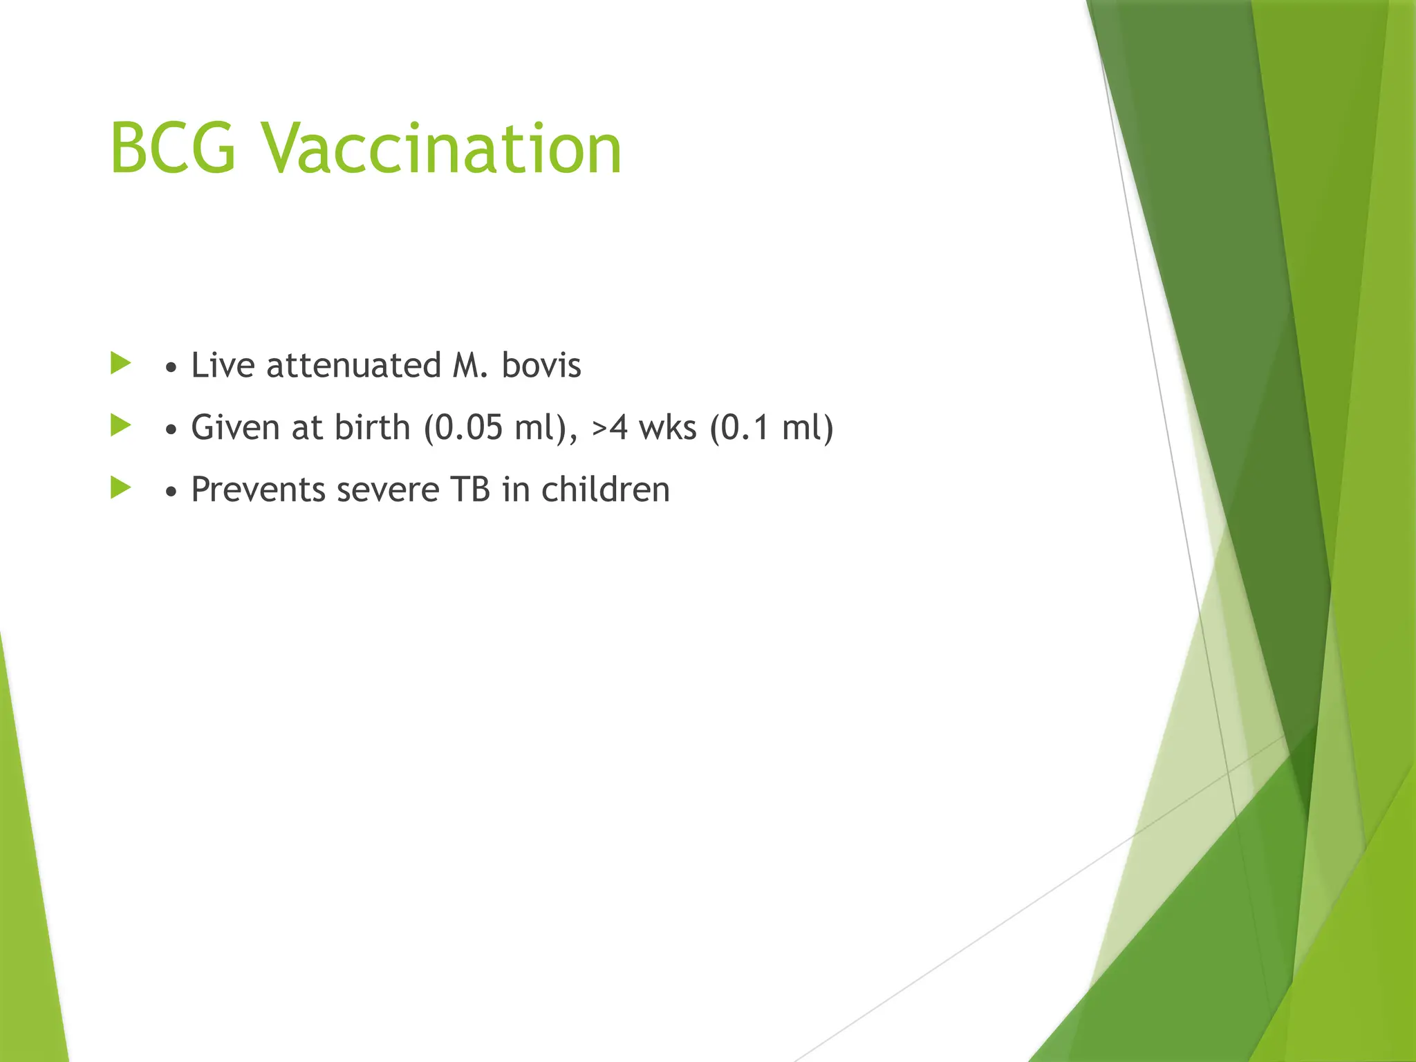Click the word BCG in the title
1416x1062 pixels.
(x=173, y=149)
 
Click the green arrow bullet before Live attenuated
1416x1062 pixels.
(x=120, y=363)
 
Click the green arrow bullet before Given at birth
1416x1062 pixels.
(x=120, y=425)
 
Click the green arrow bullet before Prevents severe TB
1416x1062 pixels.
(x=120, y=487)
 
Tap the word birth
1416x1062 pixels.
(x=372, y=427)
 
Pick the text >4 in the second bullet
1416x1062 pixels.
(x=610, y=427)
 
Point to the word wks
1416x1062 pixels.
(x=667, y=427)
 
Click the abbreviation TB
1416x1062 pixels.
(x=470, y=490)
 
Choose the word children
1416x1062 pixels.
(x=605, y=490)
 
